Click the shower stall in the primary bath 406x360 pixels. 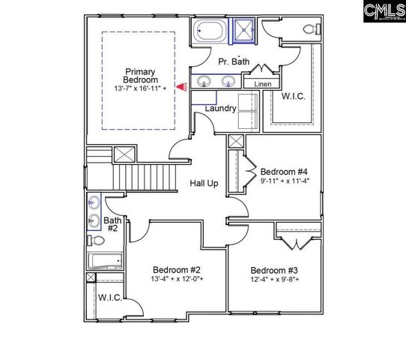(243, 31)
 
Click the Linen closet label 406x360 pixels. (262, 85)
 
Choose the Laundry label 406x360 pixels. (222, 109)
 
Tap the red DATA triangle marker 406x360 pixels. (181, 88)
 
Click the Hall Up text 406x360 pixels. (204, 184)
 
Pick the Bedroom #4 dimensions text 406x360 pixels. (285, 179)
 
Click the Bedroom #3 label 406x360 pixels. (274, 271)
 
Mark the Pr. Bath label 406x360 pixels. (233, 62)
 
